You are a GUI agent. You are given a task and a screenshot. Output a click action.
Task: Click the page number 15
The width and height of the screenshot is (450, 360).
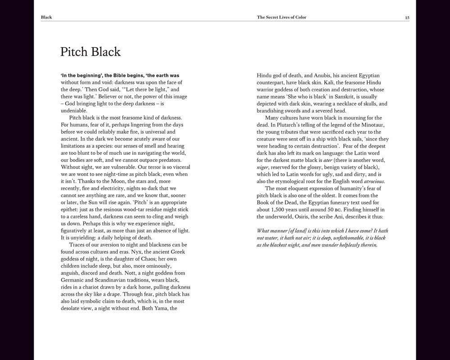click(x=407, y=18)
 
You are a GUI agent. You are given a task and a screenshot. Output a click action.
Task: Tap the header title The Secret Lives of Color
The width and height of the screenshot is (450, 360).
click(x=284, y=18)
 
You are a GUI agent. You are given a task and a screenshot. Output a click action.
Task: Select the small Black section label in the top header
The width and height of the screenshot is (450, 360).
click(x=46, y=18)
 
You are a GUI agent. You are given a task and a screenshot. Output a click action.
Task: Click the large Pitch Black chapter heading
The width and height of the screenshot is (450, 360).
click(x=90, y=52)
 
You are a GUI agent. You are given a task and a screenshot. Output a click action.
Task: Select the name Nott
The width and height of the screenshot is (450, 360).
click(x=120, y=273)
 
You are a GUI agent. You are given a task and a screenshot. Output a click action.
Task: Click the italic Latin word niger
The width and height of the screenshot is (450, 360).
click(x=263, y=167)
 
